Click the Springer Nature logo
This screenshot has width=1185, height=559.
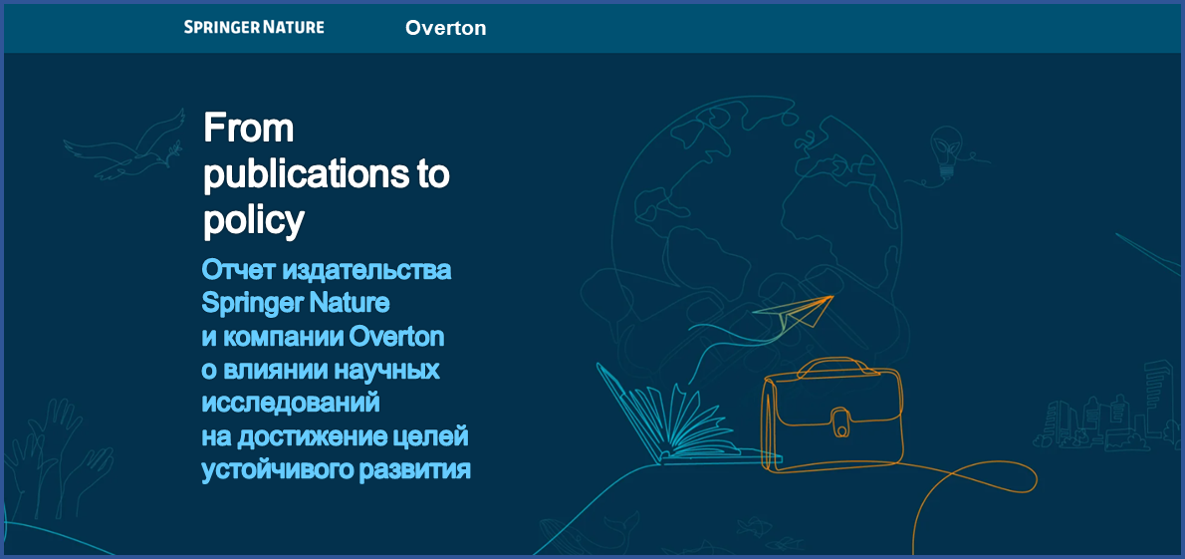(x=254, y=27)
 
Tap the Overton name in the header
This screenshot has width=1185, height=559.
(x=445, y=28)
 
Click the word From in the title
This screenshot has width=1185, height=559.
(x=248, y=128)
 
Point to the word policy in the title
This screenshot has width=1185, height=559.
(x=253, y=220)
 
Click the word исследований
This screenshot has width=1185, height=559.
(x=291, y=403)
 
